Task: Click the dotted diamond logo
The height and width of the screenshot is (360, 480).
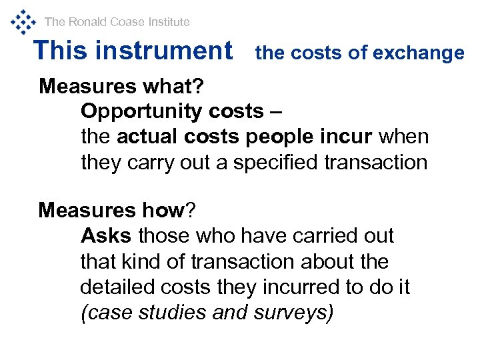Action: (23, 21)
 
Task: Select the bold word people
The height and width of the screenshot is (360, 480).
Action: (277, 137)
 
